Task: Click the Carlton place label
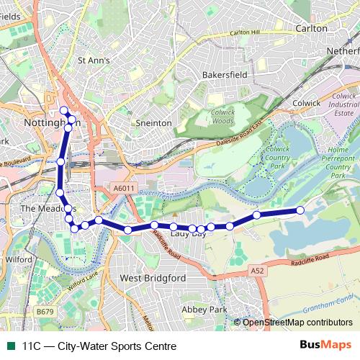click(311, 28)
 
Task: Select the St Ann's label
click(94, 60)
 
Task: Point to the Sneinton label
click(154, 123)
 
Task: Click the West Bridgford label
click(153, 278)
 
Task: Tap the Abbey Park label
click(204, 309)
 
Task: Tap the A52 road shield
click(258, 269)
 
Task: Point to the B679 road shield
click(45, 311)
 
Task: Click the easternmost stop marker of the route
click(301, 210)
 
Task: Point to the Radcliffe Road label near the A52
click(310, 258)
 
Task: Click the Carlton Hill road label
click(244, 33)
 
